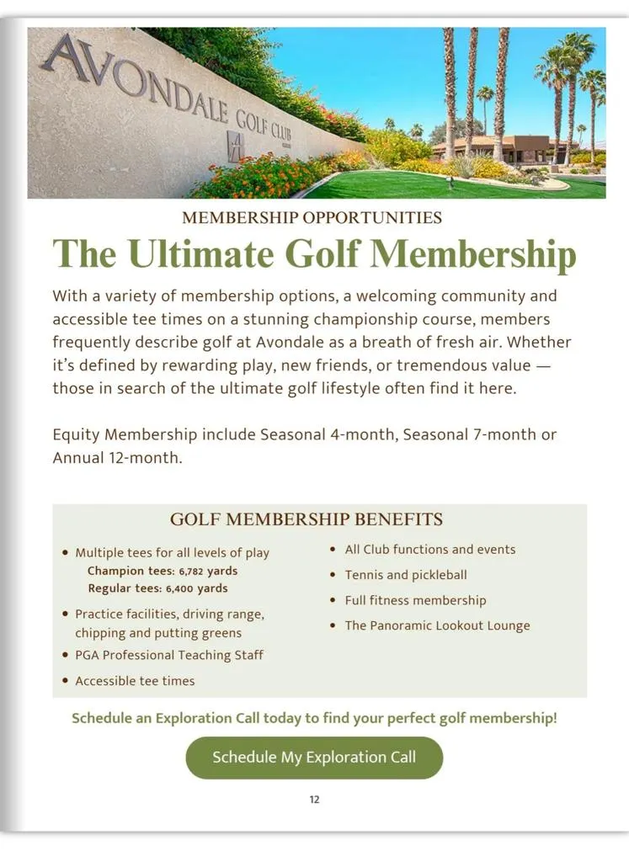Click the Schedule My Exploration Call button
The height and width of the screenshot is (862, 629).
(x=314, y=757)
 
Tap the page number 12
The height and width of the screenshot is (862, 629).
(x=314, y=800)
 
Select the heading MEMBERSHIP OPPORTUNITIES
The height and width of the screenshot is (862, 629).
(x=312, y=218)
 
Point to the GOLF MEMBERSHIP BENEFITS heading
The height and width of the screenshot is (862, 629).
(x=307, y=519)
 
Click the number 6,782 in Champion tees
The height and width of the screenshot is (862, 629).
(x=194, y=571)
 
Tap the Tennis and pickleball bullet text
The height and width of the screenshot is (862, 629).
(x=406, y=575)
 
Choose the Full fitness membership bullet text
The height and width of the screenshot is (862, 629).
(x=415, y=600)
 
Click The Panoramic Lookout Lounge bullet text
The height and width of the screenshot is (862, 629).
(x=437, y=625)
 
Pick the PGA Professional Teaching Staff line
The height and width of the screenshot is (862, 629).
(x=169, y=655)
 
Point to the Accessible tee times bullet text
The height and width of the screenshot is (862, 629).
(x=135, y=681)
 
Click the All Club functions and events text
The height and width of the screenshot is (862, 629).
(x=430, y=550)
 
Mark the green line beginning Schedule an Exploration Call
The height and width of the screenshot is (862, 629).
(x=314, y=719)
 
